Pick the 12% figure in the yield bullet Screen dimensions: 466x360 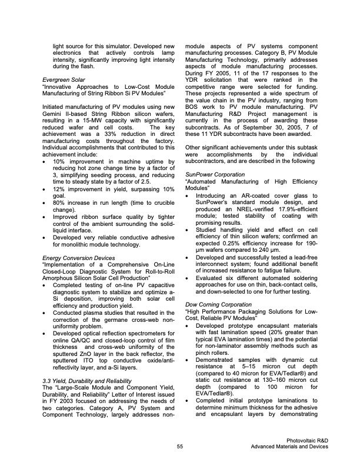pyautogui.click(x=59, y=188)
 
